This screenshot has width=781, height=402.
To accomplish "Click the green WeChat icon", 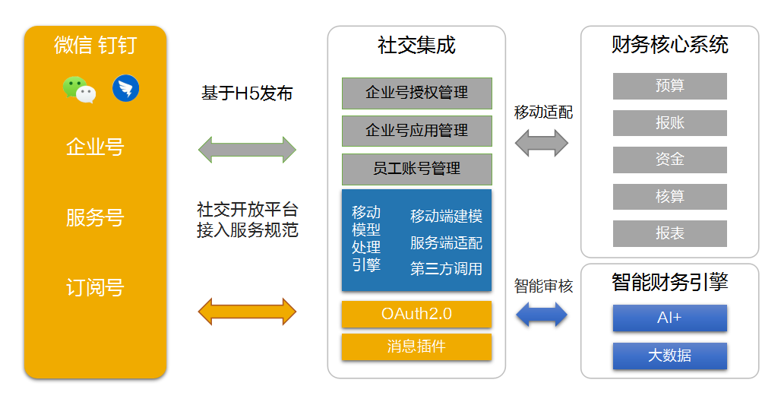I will coord(80,89).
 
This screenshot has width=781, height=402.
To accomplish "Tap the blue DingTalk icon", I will coord(125,89).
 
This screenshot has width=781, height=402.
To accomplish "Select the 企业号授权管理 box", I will coord(416,93).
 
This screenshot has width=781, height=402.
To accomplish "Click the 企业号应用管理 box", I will coord(416,131).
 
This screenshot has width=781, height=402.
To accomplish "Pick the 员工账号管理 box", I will coord(416,169).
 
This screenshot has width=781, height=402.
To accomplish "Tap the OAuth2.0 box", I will coord(416,314).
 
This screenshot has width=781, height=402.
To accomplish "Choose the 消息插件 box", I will coord(416,347).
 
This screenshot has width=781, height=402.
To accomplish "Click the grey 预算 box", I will coord(669,86).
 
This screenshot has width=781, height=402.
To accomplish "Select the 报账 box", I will coord(669,123).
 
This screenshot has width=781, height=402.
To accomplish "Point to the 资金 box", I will coord(669,160).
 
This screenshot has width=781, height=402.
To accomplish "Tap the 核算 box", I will coord(669,197).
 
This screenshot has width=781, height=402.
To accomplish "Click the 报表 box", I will coord(669,233).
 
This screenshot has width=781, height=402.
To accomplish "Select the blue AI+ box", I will coord(669,318).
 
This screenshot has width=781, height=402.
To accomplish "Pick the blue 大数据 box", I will coord(669,356).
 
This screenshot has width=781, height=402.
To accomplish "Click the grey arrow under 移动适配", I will coord(542,143).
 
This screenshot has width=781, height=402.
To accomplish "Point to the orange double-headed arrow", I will coord(247,312).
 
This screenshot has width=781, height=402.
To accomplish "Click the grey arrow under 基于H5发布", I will coord(247,150).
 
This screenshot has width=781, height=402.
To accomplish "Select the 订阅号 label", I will coord(95,288).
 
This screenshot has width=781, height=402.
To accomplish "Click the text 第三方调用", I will coord(446,268).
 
